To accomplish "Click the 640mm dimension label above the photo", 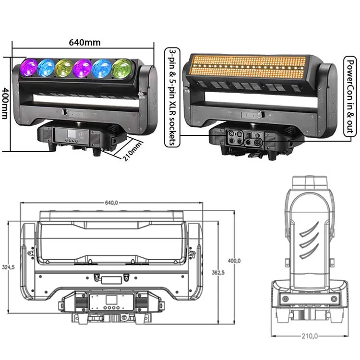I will tap(84, 42).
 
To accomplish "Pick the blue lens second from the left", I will tap(47, 67).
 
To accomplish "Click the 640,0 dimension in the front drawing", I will tap(111, 203).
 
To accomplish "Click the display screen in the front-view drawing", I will tap(112, 302).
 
